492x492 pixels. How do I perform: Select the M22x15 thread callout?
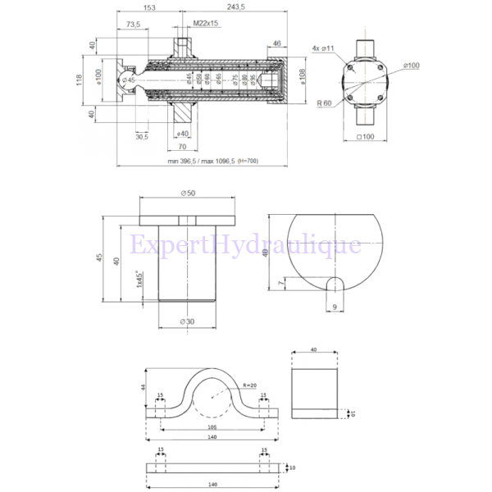[x=205, y=24]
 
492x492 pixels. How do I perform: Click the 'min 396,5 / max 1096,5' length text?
[x=212, y=162]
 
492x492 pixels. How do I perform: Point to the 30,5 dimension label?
[x=142, y=136]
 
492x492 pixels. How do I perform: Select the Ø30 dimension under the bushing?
[x=188, y=322]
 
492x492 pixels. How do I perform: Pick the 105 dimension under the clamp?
[x=212, y=427]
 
